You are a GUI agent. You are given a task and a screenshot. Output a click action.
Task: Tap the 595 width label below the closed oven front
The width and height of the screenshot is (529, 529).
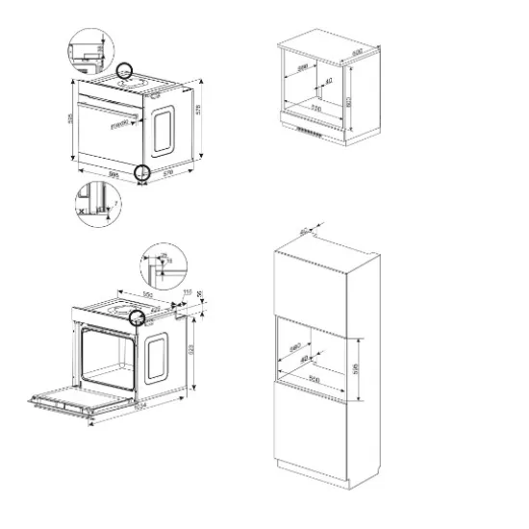113,174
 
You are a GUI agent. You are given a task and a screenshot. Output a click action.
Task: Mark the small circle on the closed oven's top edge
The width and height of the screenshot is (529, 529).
125,71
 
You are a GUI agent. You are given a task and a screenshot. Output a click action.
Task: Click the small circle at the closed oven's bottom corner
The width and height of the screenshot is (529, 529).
142,172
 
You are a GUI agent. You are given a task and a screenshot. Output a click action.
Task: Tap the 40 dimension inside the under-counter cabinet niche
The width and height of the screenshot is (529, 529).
330,83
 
